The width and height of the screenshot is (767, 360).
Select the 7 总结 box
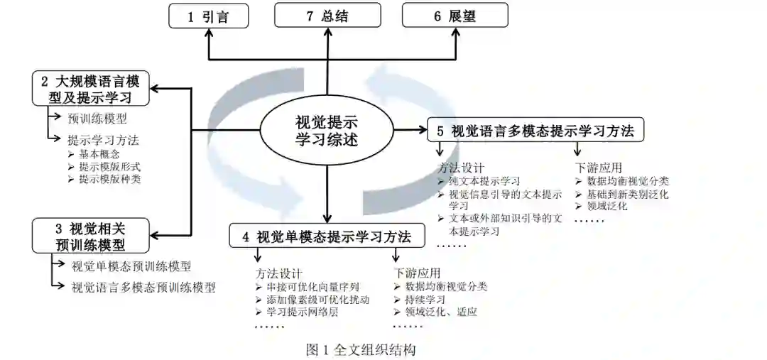[327, 16]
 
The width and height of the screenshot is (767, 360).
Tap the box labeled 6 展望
[455, 16]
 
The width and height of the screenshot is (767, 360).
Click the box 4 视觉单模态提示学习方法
[327, 236]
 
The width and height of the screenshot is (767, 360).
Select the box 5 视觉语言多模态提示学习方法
[535, 130]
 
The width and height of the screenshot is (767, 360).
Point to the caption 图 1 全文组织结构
[361, 349]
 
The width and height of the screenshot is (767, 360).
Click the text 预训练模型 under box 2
[97, 119]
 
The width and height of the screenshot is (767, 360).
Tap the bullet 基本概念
[99, 153]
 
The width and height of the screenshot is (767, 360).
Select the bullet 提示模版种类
[109, 179]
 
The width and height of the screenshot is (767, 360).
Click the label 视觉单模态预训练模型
[131, 267]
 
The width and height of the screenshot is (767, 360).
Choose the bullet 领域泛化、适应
[441, 312]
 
